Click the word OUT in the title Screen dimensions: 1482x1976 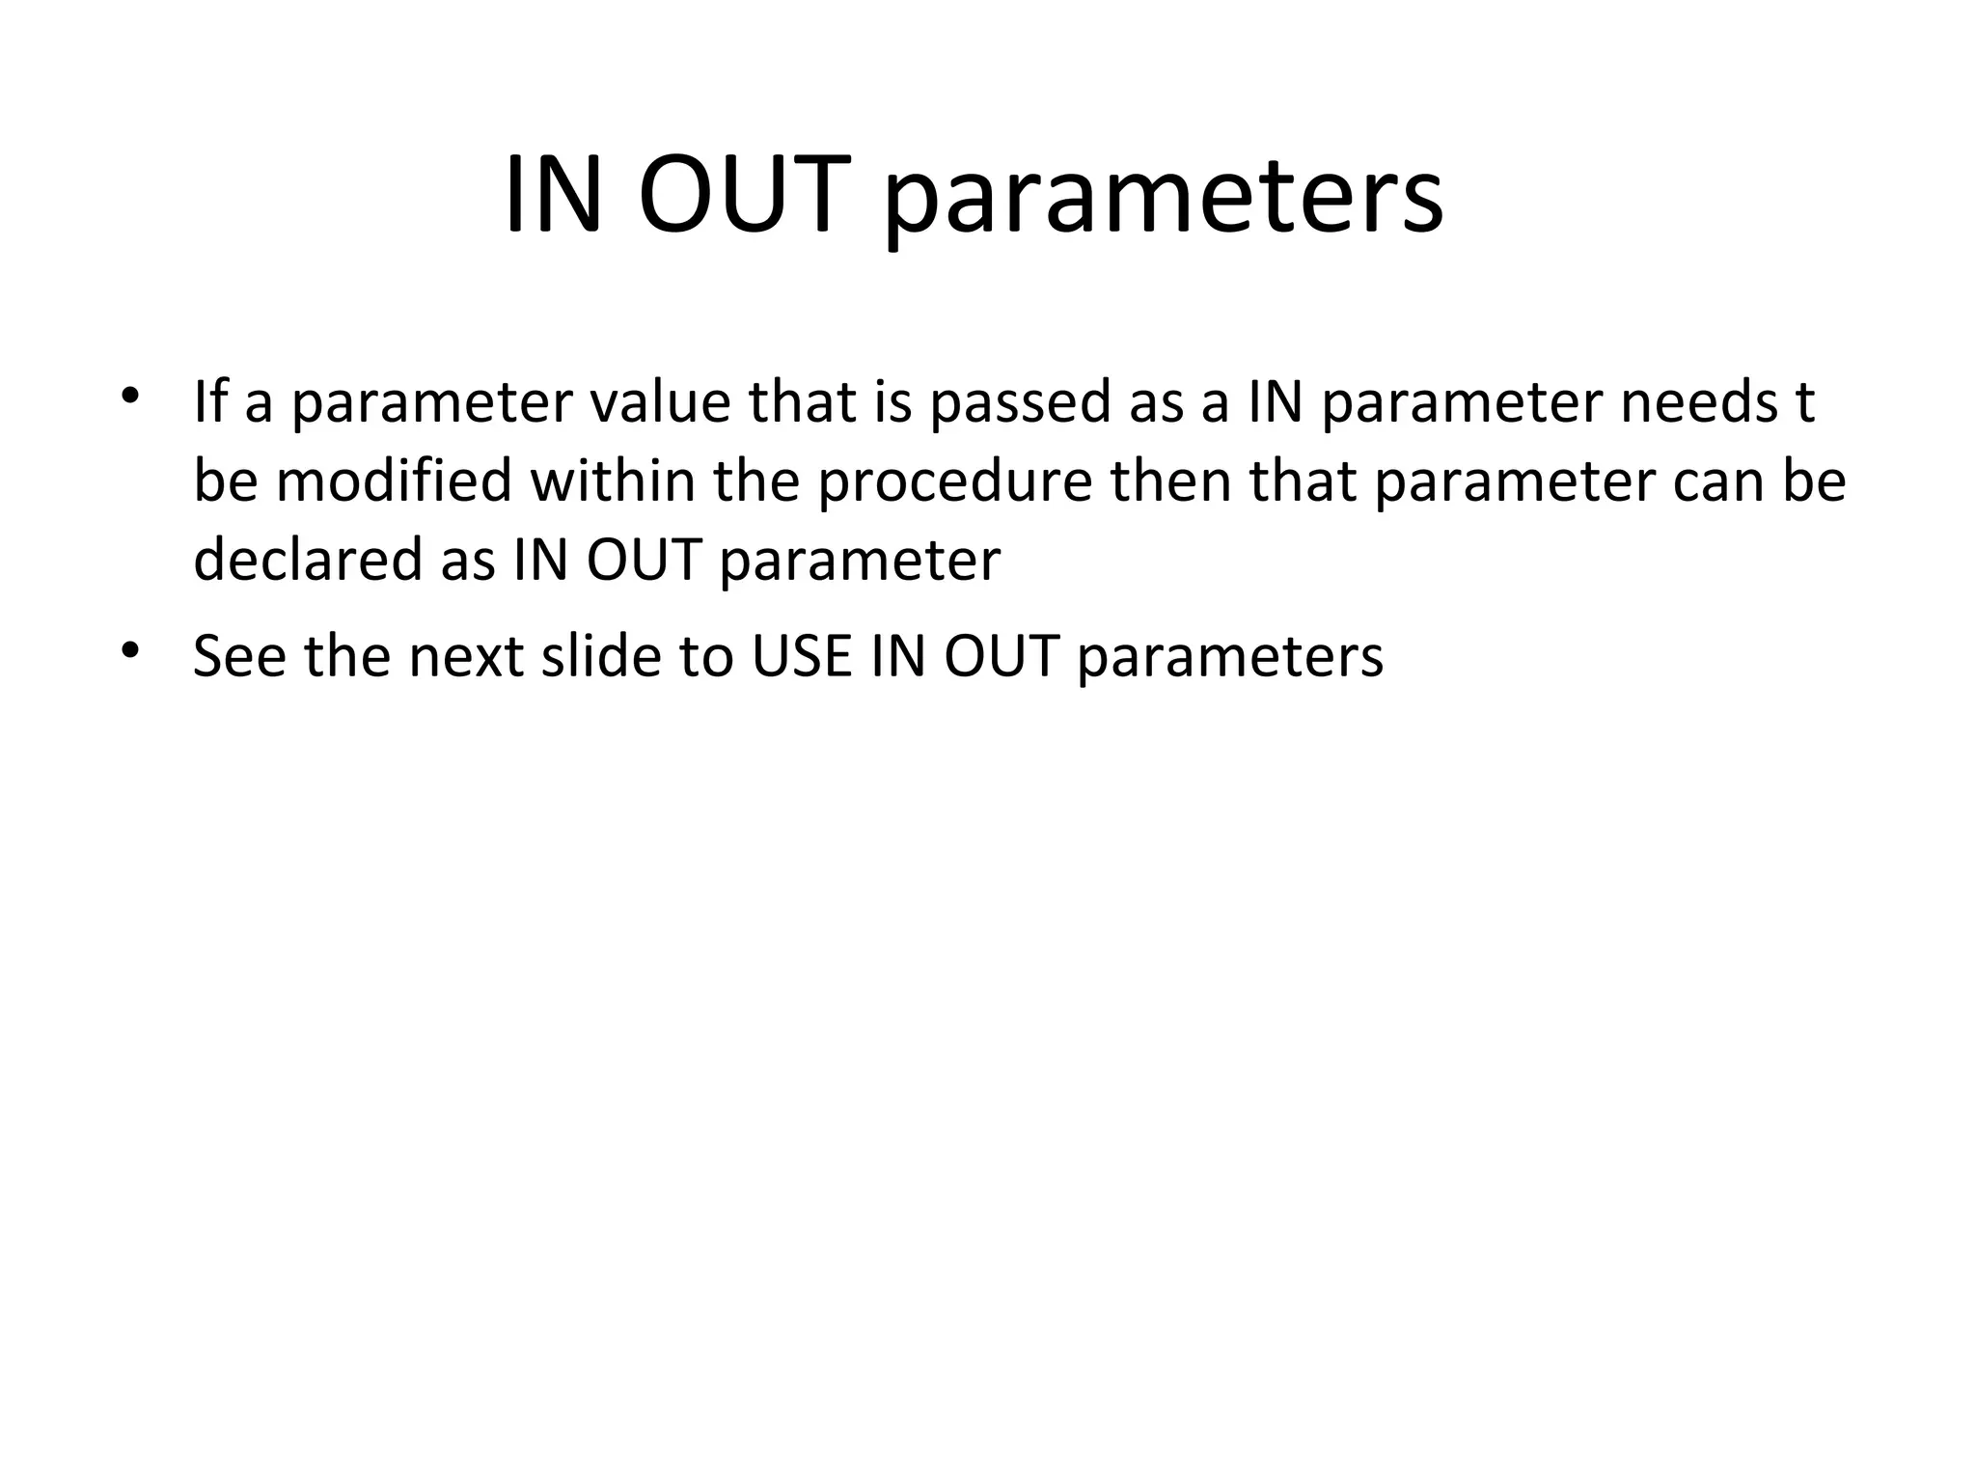(x=744, y=196)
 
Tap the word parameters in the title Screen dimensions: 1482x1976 (x=1164, y=203)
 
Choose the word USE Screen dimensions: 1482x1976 (x=802, y=656)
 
